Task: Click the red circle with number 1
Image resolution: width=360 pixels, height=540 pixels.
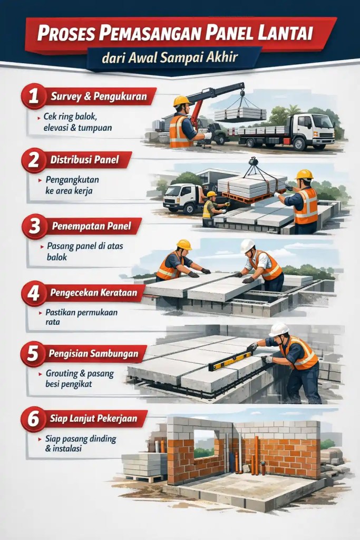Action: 34,96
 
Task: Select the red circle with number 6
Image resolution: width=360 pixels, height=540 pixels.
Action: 34,419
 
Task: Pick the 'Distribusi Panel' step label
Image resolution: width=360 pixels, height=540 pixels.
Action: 84,160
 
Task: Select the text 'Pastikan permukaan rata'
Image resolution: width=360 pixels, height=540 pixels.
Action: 81,316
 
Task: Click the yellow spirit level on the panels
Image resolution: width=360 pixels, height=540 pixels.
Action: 230,361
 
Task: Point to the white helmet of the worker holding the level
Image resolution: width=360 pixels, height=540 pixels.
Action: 278,330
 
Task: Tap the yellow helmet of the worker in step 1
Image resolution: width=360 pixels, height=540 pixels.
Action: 181,101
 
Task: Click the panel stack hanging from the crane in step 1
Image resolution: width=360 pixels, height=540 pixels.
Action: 240,114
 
